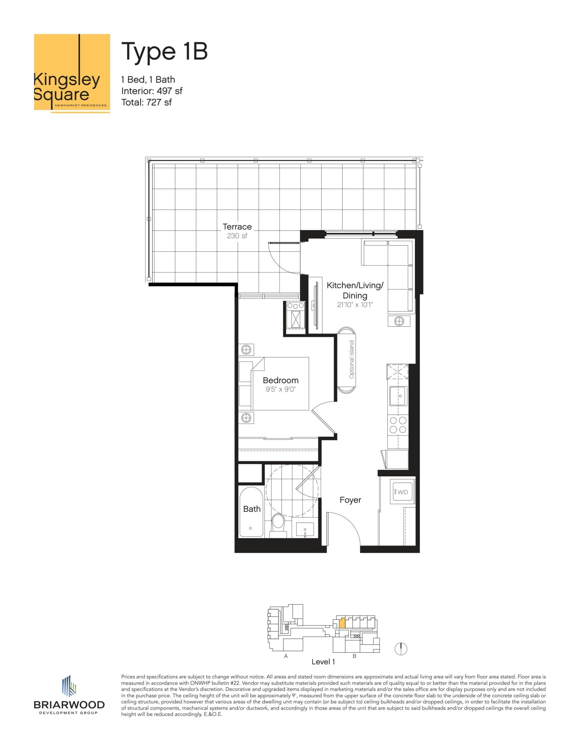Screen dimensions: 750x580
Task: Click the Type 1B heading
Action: click(x=164, y=52)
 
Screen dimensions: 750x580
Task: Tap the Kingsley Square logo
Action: click(x=72, y=73)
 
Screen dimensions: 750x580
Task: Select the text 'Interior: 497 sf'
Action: click(x=152, y=91)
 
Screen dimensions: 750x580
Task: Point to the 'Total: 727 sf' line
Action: click(x=146, y=102)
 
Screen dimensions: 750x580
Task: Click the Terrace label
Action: click(x=237, y=227)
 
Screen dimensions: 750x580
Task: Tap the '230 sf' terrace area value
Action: click(x=237, y=236)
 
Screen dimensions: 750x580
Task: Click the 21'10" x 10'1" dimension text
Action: click(x=355, y=305)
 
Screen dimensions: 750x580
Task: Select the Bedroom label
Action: click(x=280, y=380)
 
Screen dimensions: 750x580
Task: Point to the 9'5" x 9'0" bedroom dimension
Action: click(x=280, y=389)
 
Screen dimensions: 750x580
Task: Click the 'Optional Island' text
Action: click(x=351, y=359)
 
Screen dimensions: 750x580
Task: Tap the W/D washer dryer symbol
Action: click(x=402, y=492)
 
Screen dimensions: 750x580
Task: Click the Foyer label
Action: click(x=350, y=500)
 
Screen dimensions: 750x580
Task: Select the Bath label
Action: click(x=252, y=509)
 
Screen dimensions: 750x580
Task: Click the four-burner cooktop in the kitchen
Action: click(x=398, y=425)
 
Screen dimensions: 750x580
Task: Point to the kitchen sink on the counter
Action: click(x=398, y=396)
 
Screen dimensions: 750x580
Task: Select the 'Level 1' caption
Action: click(x=323, y=662)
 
